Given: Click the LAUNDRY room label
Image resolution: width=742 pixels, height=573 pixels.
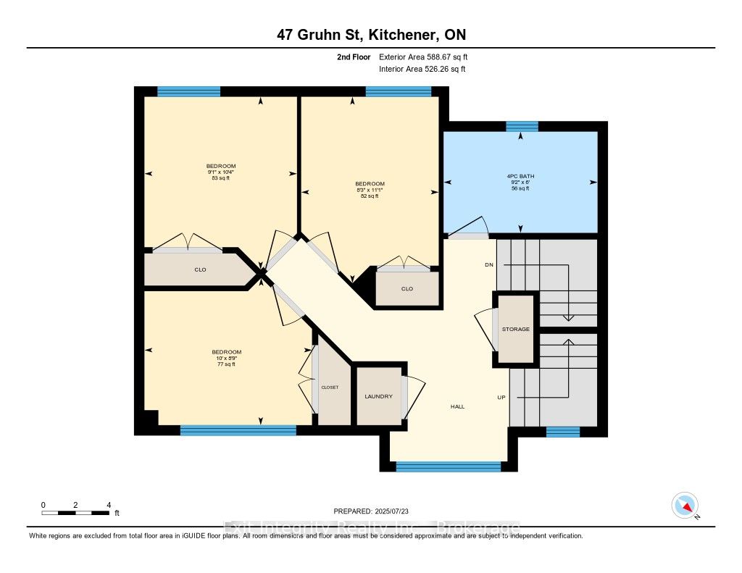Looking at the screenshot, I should click(x=379, y=396).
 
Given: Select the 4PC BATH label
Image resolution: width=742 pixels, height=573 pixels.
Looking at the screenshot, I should click(x=520, y=176).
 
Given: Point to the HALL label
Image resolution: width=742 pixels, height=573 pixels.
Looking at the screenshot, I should click(x=457, y=406).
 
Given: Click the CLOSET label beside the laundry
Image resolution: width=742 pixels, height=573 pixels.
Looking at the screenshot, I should click(x=330, y=388).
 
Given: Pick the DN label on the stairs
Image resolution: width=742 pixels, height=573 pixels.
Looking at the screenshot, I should click(x=489, y=265).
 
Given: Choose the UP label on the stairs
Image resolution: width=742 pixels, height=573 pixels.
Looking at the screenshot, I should click(x=501, y=398).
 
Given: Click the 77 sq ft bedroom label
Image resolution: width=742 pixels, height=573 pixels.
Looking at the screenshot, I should click(x=221, y=364).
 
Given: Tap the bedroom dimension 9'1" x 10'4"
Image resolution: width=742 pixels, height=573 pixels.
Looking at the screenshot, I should click(x=221, y=172).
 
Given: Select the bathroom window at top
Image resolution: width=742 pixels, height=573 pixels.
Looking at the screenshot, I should click(x=522, y=127).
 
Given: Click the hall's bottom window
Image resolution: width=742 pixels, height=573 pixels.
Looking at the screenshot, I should click(x=449, y=467).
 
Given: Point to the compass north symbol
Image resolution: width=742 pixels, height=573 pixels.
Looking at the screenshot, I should click(x=685, y=505).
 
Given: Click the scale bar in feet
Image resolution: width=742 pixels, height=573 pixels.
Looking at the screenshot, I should click(x=75, y=513).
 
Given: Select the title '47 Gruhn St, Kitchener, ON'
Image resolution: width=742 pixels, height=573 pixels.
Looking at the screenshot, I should click(x=371, y=35).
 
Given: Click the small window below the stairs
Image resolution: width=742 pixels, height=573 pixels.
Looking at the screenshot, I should click(x=563, y=432).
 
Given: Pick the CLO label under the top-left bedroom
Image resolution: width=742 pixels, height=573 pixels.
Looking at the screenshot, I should click(x=201, y=269).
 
